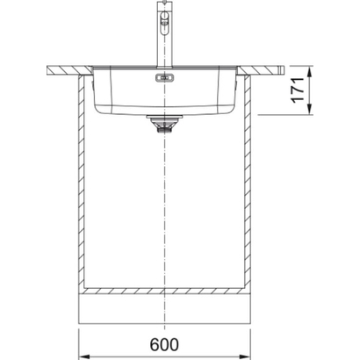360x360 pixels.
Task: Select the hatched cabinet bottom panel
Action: point(165,291)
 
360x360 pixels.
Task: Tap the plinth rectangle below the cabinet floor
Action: point(165,308)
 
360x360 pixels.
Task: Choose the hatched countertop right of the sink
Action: point(263,68)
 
